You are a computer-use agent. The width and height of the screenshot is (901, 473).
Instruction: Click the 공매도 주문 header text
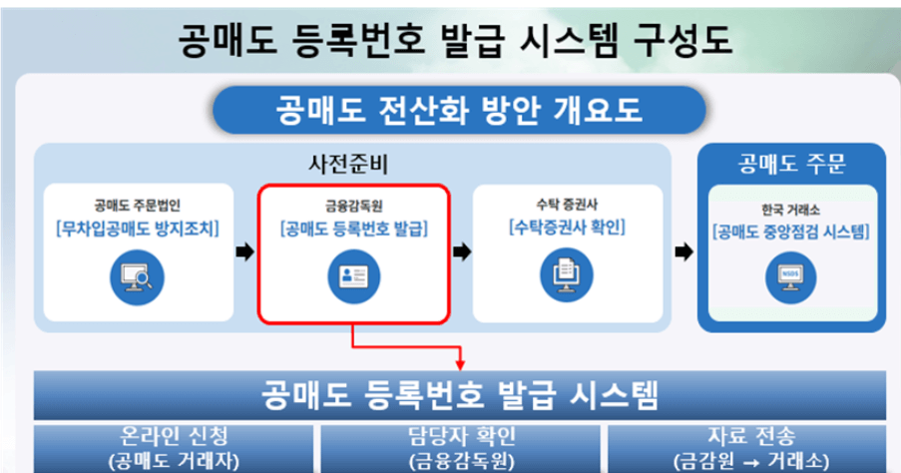[791, 163]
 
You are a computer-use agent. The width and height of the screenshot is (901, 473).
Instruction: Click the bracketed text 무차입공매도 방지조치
[136, 227]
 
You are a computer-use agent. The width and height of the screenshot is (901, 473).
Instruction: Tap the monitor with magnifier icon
[136, 273]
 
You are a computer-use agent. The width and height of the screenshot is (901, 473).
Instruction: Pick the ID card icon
[354, 274]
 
